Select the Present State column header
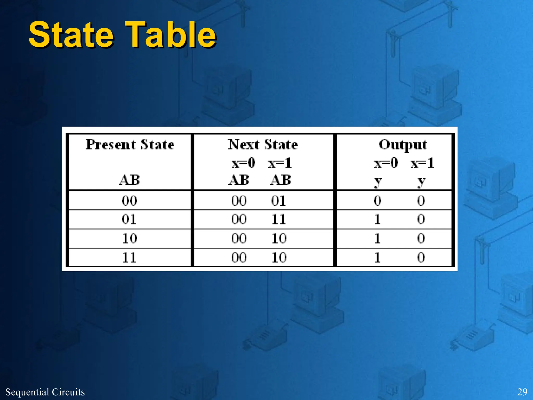(130, 145)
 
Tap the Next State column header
(263, 145)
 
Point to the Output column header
(403, 145)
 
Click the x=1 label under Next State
(280, 163)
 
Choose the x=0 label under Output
(386, 163)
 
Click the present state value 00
(129, 201)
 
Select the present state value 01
(129, 219)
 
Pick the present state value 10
(129, 238)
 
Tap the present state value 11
(129, 258)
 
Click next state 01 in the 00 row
(279, 201)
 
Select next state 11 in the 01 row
(279, 219)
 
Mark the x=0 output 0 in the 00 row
(378, 201)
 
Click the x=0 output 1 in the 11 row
(378, 258)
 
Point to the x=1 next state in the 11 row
(279, 258)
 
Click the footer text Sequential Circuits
(45, 392)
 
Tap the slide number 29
(522, 392)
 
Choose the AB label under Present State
(129, 180)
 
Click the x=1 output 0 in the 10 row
(421, 238)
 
